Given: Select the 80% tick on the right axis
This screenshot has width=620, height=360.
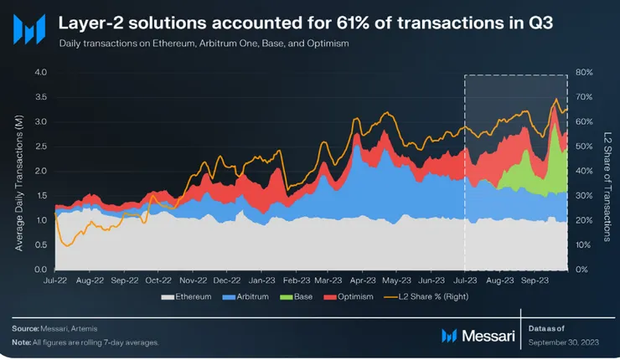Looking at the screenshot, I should click(583, 73).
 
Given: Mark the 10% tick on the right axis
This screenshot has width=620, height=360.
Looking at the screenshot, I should click(583, 244).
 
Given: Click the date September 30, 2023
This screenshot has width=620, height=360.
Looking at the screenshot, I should click(565, 342).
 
